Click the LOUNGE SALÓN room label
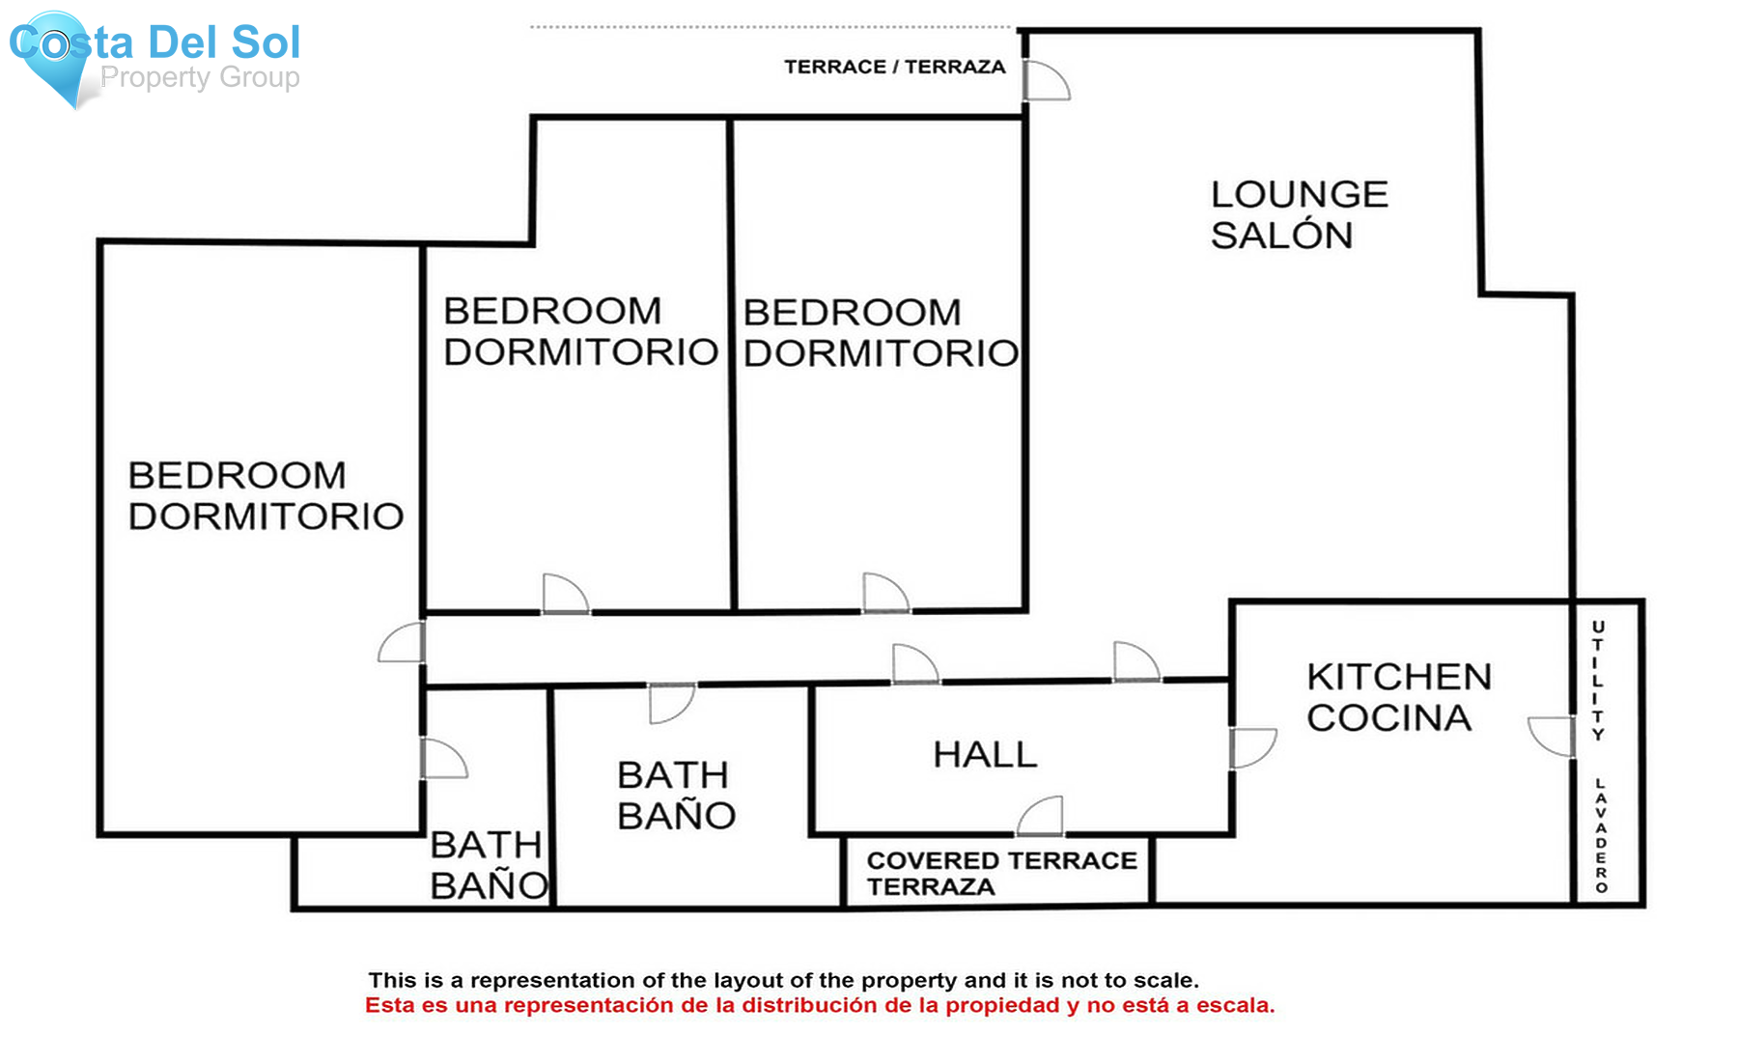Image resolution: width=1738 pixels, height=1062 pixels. tap(1298, 214)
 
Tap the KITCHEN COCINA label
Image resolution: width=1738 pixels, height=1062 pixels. tap(1398, 697)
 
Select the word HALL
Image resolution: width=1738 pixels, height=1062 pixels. tap(985, 754)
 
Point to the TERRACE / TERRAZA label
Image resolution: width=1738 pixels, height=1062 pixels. tap(894, 67)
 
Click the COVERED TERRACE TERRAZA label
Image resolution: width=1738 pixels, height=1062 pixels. tap(1000, 873)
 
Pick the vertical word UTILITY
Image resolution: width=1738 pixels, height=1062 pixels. tap(1598, 681)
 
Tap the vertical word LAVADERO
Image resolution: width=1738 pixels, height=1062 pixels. tap(1601, 835)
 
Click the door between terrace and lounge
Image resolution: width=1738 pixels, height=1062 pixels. tap(1045, 81)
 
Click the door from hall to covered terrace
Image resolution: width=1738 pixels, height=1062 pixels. tap(1041, 817)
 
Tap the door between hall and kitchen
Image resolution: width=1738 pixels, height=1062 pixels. tap(1251, 747)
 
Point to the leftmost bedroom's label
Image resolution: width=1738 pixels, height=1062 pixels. tap(265, 495)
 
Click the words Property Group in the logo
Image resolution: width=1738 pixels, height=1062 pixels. tap(200, 77)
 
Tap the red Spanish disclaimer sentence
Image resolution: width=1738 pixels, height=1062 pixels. tap(819, 1006)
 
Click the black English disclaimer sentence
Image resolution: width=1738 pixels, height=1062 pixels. tap(783, 981)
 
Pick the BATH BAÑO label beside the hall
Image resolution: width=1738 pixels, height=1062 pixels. tap(676, 795)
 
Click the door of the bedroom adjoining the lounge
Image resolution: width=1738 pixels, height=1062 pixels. tap(884, 593)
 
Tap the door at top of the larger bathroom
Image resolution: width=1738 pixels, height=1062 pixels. tap(670, 702)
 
